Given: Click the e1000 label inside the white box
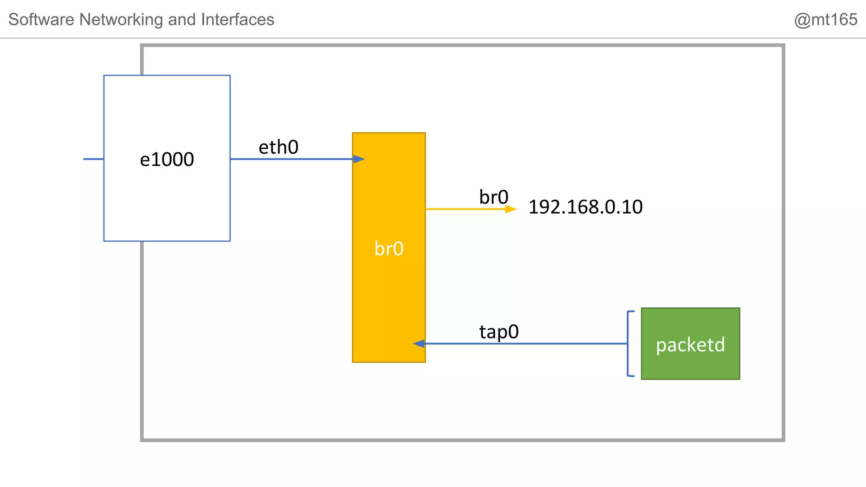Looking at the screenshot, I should [167, 160].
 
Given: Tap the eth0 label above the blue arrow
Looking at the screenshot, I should [278, 148].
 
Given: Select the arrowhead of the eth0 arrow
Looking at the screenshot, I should [359, 159].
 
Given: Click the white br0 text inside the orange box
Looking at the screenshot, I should [389, 249].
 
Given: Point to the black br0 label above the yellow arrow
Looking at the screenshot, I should [493, 197].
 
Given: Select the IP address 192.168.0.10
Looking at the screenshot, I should [585, 207].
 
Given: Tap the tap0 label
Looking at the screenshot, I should [499, 332].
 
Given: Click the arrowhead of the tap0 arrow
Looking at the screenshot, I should [419, 344].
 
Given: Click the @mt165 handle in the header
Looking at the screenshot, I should [825, 20].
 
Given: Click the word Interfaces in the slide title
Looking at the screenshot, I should [238, 20].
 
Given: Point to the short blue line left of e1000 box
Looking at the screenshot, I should [93, 159].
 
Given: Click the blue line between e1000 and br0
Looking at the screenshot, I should [292, 159].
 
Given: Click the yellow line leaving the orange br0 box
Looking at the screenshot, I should [465, 209].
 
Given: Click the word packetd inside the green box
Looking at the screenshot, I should [690, 345].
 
